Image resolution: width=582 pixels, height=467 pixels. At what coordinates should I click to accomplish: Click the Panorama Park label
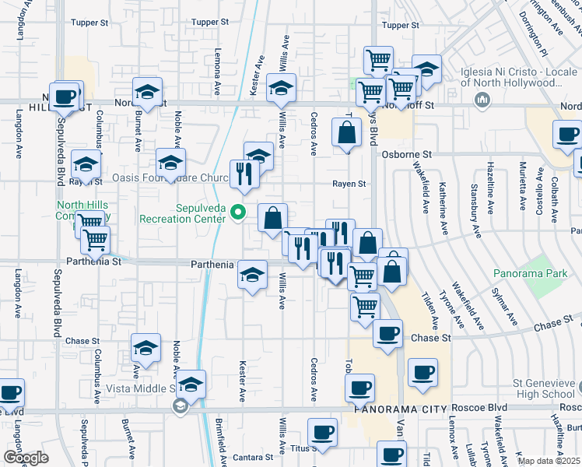click(x=527, y=273)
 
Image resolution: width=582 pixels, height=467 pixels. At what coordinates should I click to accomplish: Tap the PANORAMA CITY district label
click(x=398, y=409)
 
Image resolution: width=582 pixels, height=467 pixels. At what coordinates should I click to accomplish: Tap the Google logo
click(x=26, y=457)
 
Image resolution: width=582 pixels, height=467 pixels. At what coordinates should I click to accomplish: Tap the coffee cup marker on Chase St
click(x=387, y=334)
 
